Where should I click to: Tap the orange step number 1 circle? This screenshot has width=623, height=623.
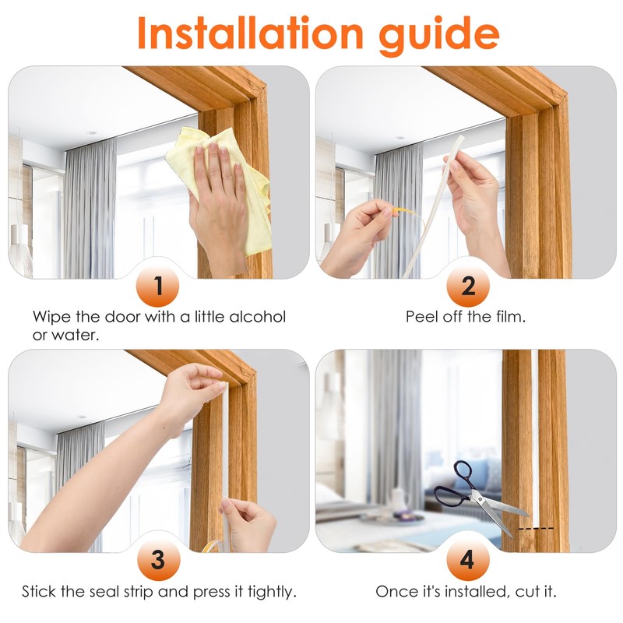[159, 287]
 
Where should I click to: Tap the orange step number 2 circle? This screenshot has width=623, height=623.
[467, 287]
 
